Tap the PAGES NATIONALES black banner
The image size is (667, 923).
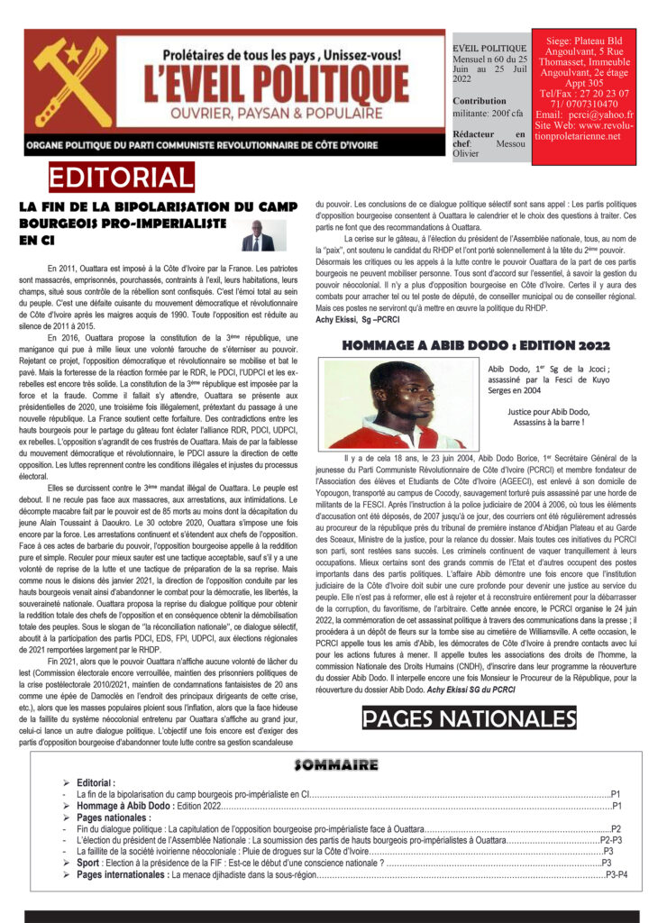tap(469, 717)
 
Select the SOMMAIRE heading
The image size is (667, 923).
tap(334, 765)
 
